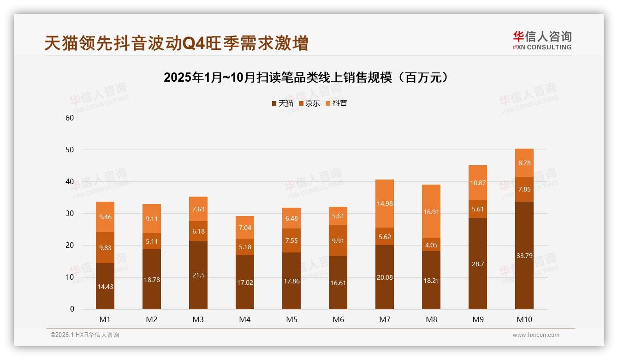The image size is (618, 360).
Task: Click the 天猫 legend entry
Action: (283, 103)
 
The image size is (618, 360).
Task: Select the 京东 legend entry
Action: (309, 103)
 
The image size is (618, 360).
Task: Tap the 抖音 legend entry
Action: (337, 103)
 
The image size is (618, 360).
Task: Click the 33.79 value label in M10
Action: (524, 255)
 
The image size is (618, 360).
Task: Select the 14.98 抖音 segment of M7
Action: (384, 204)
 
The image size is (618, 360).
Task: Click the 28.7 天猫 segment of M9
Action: (477, 264)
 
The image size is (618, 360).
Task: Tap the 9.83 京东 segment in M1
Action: (105, 248)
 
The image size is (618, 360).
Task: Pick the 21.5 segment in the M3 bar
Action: (198, 275)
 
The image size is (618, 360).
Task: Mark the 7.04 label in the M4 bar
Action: (245, 228)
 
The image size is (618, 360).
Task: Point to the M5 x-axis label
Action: (291, 319)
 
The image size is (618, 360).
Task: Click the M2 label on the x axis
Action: (152, 319)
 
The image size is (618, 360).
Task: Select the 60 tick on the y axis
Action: (70, 118)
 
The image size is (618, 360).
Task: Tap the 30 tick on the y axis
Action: (70, 213)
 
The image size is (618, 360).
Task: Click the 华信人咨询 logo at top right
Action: (542, 40)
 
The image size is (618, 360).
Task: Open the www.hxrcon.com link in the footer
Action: (536, 335)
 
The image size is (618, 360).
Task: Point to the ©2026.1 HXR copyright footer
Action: (84, 335)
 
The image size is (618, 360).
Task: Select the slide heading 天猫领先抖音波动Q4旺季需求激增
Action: (176, 43)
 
